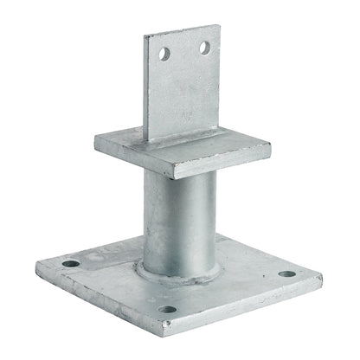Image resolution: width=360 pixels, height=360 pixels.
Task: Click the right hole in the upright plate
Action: [204, 48]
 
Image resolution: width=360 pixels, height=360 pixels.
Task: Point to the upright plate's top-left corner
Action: [145, 37]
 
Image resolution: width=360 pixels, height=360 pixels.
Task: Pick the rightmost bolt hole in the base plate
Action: [286, 275]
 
